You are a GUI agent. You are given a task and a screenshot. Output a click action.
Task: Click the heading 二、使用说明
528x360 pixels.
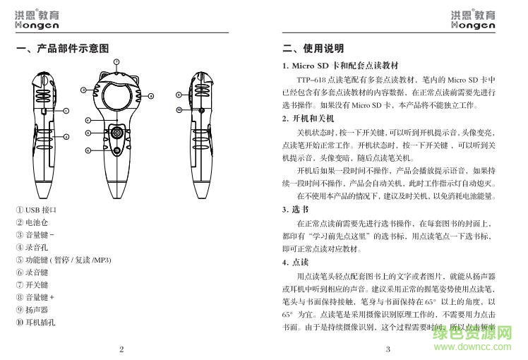(x=313, y=49)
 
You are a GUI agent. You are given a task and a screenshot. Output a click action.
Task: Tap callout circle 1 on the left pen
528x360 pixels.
(x=66, y=111)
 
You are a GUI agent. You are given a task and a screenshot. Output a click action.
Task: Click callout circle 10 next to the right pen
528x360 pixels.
(x=179, y=110)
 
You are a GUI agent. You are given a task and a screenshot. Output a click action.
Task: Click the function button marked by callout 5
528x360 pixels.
(x=115, y=133)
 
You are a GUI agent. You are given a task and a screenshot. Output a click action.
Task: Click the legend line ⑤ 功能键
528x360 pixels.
(x=64, y=260)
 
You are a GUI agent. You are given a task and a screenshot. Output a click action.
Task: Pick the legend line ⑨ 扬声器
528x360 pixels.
(x=32, y=309)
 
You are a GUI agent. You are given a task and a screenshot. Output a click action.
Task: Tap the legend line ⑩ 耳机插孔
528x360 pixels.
(x=36, y=322)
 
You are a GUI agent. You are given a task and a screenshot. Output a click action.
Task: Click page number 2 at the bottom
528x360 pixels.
(x=121, y=349)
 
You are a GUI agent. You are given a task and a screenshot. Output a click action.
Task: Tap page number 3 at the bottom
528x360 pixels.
(x=388, y=349)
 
